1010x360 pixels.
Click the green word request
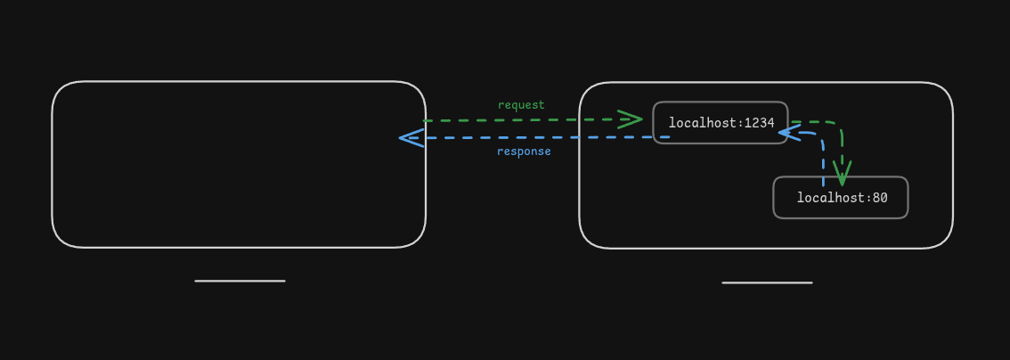point(521,105)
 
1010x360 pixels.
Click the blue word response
point(524,151)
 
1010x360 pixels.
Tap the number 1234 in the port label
point(760,123)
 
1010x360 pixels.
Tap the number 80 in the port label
point(880,198)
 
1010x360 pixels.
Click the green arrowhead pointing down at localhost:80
point(842,173)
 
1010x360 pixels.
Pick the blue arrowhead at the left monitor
point(411,137)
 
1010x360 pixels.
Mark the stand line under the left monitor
point(240,281)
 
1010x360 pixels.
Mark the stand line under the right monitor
point(767,282)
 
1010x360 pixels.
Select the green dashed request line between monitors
point(534,119)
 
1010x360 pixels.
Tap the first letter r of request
point(501,105)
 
